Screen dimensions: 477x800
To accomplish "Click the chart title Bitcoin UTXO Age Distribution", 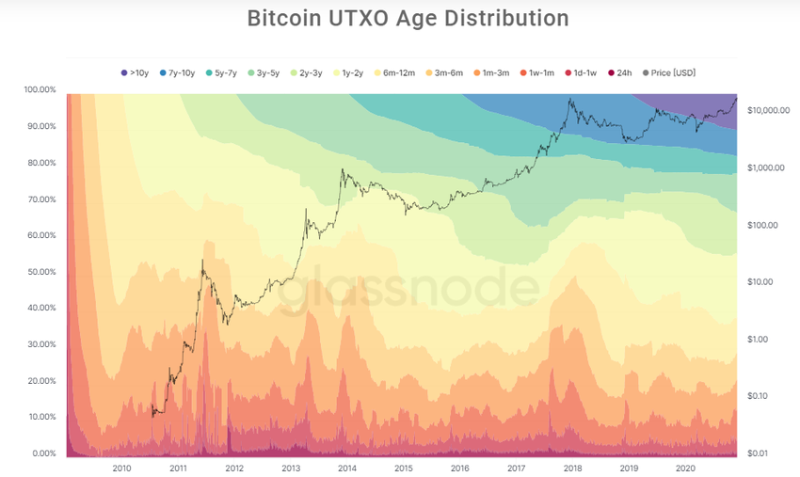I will coord(408,19).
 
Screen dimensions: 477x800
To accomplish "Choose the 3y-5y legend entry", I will coord(264,72).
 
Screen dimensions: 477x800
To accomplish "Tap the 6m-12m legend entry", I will coord(395,72).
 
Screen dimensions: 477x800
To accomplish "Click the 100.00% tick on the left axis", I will coord(40,89).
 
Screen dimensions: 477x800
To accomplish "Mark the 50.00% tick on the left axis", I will coord(40,272).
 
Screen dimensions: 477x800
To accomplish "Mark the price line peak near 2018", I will coord(570,99).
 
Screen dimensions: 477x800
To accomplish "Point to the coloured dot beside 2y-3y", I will coord(295,72).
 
